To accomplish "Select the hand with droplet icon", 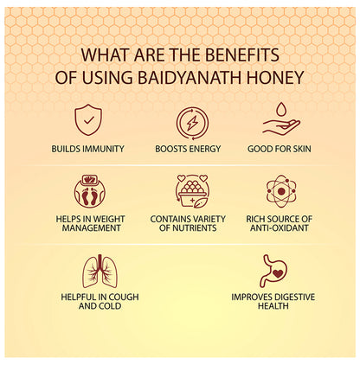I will pos(281,120).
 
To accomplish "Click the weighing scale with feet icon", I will pos(87,189).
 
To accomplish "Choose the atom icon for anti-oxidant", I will pos(281,189).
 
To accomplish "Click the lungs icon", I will pos(100,271).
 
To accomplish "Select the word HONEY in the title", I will pos(279,77).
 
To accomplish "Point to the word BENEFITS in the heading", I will pos(246,54).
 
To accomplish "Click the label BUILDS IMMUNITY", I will pos(87,149).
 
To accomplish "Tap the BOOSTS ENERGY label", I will pos(190,149).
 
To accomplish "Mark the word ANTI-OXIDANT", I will pos(281,228).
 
